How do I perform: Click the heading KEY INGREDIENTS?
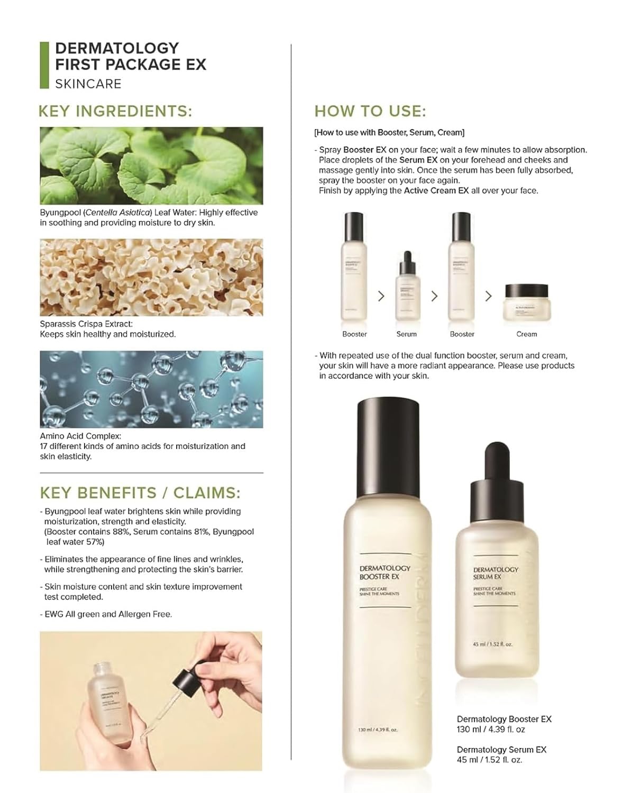(x=115, y=112)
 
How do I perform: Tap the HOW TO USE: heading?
(x=370, y=112)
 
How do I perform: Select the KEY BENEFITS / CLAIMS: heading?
(x=140, y=493)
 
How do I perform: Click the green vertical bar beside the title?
(x=44, y=64)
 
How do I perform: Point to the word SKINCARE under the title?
(x=88, y=84)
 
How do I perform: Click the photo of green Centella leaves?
(x=151, y=165)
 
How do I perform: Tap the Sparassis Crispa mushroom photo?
(x=151, y=278)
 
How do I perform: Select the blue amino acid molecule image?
(x=151, y=389)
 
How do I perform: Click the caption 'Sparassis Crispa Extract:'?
(x=86, y=324)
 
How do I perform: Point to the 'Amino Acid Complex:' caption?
(x=80, y=436)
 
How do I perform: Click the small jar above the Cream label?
(x=526, y=302)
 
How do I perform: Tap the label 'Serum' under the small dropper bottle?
(x=406, y=334)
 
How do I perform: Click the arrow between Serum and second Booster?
(x=434, y=296)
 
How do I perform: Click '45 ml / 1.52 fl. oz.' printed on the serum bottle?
(x=492, y=644)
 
